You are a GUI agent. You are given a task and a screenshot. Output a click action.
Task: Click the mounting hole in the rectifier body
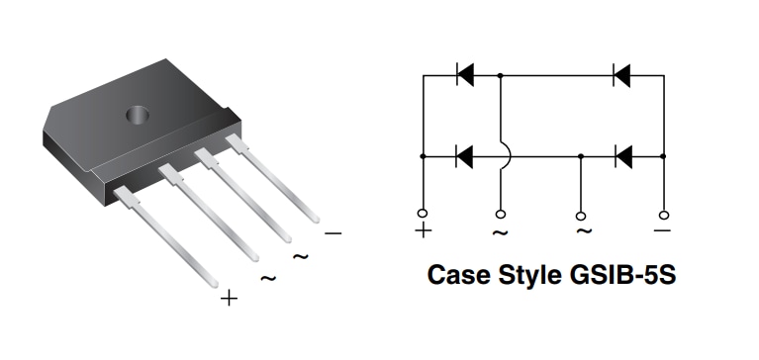point(136,115)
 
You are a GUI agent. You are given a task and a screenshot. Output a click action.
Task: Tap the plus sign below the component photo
point(229,298)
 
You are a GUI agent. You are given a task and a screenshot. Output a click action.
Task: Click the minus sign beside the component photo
point(332,233)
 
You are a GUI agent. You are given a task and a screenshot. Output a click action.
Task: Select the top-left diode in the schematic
point(464,74)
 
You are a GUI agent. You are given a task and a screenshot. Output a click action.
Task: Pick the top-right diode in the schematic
point(621,74)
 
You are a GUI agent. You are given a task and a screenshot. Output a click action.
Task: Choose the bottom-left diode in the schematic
point(463,155)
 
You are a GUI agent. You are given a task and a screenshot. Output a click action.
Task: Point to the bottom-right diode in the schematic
point(622,155)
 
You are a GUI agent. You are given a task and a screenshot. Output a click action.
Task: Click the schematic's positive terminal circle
point(423,214)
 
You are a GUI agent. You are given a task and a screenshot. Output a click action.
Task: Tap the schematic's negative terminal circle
point(662,214)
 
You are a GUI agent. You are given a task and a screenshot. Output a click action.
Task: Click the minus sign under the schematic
point(662,230)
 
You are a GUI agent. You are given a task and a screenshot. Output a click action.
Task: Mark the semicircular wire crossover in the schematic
point(504,155)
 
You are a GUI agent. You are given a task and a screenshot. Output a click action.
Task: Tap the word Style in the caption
point(531,274)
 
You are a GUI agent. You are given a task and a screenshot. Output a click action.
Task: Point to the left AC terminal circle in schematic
point(501,214)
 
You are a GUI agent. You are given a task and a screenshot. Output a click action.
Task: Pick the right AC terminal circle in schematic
point(581,214)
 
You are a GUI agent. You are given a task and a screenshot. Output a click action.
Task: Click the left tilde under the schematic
point(501,232)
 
